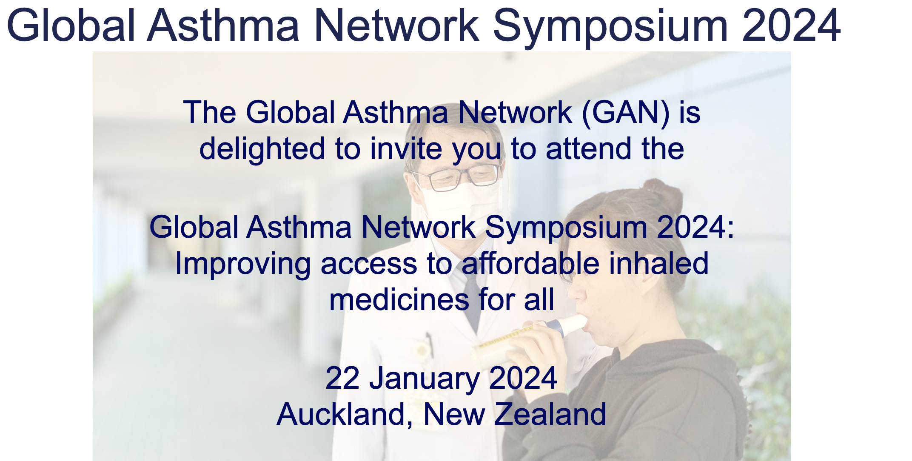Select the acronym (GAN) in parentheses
pyautogui.click(x=625, y=113)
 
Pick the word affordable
pyautogui.click(x=531, y=264)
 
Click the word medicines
pyautogui.click(x=399, y=300)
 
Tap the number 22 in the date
pyautogui.click(x=342, y=378)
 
